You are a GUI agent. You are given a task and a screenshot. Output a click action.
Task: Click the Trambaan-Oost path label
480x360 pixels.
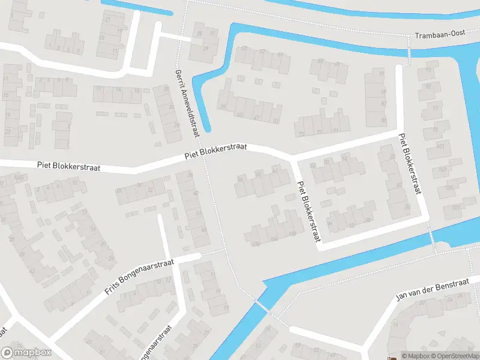coord(440,36)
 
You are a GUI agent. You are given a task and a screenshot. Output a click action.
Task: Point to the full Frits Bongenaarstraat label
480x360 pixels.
coord(139,277)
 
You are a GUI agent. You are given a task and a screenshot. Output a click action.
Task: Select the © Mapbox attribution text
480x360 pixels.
coord(415,356)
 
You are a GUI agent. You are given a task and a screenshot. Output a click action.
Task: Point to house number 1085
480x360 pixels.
coord(20,177)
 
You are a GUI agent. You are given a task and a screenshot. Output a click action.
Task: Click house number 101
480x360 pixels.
coord(442,146)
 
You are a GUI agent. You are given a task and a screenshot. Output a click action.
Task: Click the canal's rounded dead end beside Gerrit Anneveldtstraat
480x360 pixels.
coord(206,127)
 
